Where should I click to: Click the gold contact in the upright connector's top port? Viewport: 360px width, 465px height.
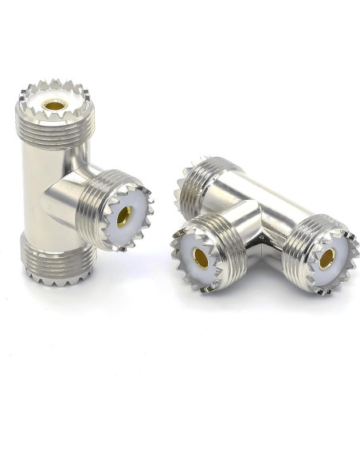(x=55, y=104)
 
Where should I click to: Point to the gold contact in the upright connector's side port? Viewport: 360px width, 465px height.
(x=125, y=215)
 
